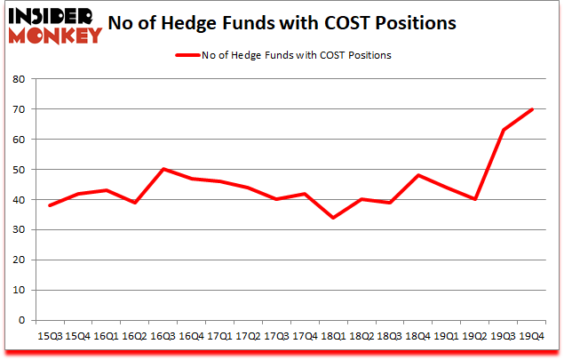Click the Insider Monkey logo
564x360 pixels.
[x=54, y=26]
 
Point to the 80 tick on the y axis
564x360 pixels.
[x=20, y=79]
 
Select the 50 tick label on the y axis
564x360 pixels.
[x=20, y=170]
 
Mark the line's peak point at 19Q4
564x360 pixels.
[x=533, y=109]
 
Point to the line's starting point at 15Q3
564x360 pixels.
[x=49, y=205]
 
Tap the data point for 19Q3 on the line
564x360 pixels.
[x=504, y=130]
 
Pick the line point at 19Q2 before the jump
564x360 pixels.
[x=476, y=199]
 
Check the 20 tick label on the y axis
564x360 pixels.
[x=20, y=260]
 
